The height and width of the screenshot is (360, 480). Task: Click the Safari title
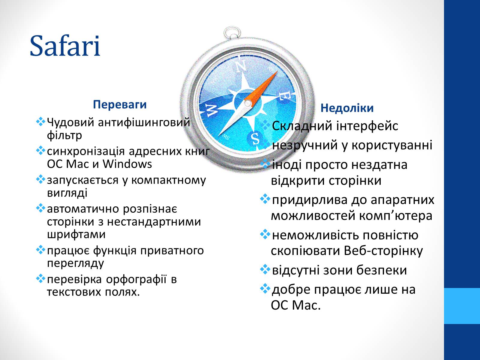click(65, 46)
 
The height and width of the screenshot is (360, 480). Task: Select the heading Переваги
click(120, 104)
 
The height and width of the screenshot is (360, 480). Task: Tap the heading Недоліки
click(347, 108)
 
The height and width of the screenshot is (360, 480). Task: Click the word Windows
click(127, 164)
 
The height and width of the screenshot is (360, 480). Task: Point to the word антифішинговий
click(144, 122)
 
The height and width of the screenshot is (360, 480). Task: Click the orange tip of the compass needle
click(277, 71)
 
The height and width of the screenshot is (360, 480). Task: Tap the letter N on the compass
click(240, 66)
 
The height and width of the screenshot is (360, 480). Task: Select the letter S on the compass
click(255, 138)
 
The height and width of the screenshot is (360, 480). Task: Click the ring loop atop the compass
click(232, 33)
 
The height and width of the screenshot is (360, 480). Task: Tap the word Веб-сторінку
click(383, 251)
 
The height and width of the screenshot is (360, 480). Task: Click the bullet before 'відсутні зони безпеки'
click(265, 269)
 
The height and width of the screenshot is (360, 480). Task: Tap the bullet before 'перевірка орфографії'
click(40, 278)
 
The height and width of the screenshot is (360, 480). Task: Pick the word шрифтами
click(76, 235)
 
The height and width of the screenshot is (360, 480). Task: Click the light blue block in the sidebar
click(462, 306)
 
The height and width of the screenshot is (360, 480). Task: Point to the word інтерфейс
click(367, 126)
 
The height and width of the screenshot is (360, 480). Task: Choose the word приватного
click(172, 250)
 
